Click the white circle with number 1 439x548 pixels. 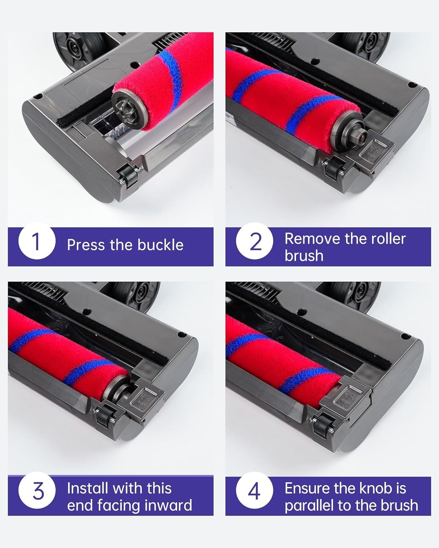(x=37, y=241)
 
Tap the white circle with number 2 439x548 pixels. (x=254, y=241)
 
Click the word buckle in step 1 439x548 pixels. (x=161, y=245)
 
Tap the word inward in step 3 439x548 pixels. (x=168, y=506)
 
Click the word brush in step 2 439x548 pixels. (x=304, y=255)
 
